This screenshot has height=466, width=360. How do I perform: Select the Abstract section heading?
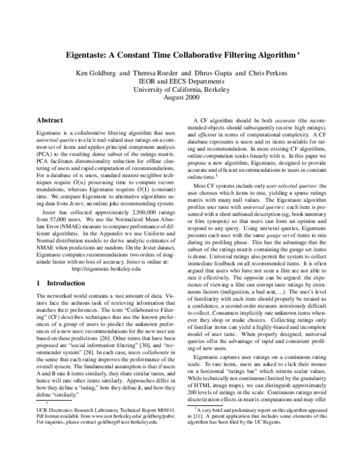coord(52,121)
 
